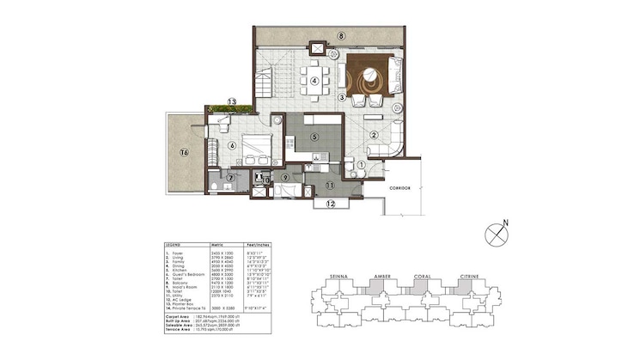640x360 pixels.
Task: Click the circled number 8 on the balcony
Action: click(341, 36)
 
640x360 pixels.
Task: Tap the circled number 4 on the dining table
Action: click(315, 82)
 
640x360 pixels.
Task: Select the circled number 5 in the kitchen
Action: click(315, 136)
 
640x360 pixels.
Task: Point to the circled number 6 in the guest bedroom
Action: click(232, 145)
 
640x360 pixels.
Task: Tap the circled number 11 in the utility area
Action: click(330, 184)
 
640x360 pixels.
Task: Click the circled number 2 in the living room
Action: click(375, 134)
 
